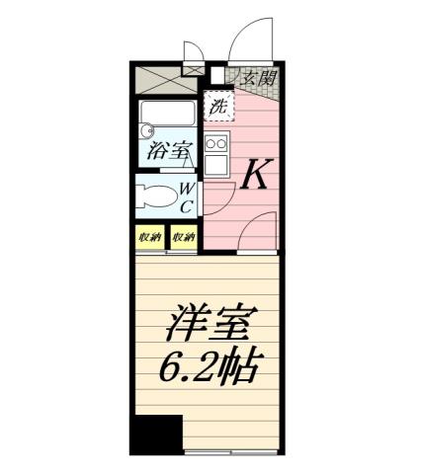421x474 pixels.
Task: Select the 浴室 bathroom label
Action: pyautogui.click(x=169, y=151)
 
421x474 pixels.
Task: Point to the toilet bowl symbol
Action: pyautogui.click(x=154, y=194)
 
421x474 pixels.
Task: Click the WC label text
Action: pyautogui.click(x=185, y=198)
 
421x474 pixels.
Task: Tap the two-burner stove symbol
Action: pyautogui.click(x=214, y=144)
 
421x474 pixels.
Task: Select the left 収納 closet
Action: pyautogui.click(x=149, y=237)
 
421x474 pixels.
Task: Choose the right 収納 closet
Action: pyautogui.click(x=183, y=237)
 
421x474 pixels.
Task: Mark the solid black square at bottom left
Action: pyautogui.click(x=156, y=434)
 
